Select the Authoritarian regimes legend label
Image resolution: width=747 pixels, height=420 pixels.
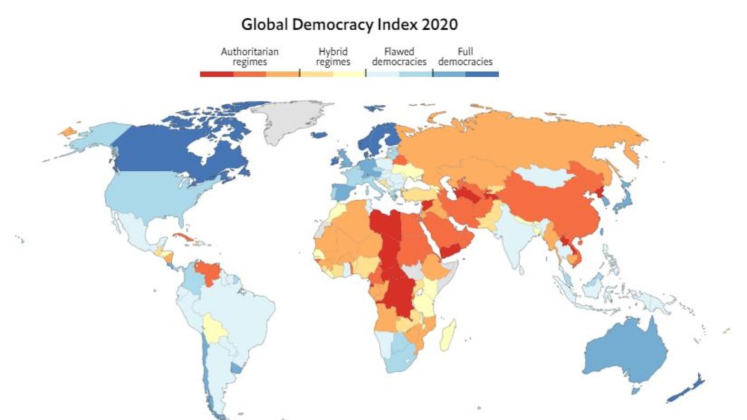click(249, 57)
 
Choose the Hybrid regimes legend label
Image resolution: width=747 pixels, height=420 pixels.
click(333, 57)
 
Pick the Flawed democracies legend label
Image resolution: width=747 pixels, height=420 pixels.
click(399, 57)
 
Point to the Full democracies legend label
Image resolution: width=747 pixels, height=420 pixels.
click(465, 57)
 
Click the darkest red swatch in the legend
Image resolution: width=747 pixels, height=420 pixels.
click(217, 74)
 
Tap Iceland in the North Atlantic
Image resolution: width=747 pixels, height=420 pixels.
click(319, 135)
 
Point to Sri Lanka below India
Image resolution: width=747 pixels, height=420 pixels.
click(521, 270)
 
